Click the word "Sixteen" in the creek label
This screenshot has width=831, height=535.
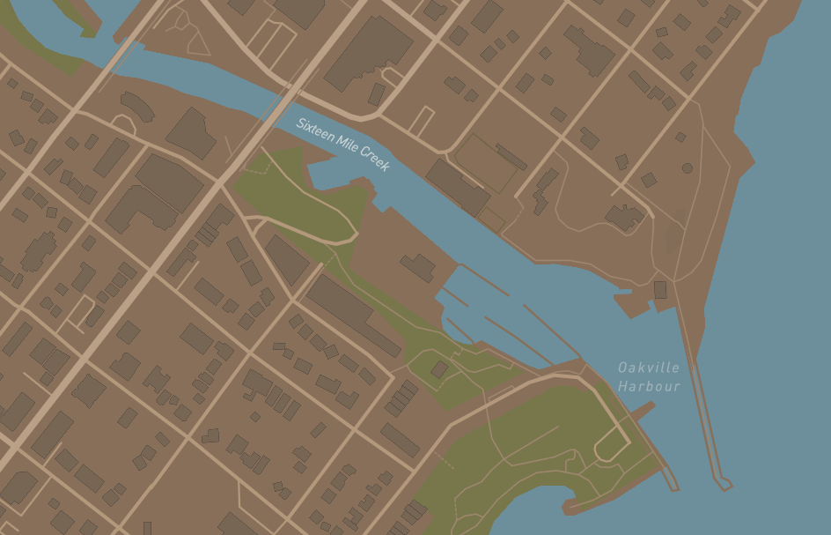(313, 130)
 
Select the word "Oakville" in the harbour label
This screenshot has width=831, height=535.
(648, 368)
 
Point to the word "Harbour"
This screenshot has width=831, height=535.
(648, 386)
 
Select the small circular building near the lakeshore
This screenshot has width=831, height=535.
(687, 168)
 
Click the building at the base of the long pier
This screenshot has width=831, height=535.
(660, 289)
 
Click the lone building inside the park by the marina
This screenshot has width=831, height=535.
(438, 369)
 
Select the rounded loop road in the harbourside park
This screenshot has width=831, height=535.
(610, 447)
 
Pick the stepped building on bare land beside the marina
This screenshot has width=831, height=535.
(417, 267)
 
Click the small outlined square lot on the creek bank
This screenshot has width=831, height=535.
(490, 219)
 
